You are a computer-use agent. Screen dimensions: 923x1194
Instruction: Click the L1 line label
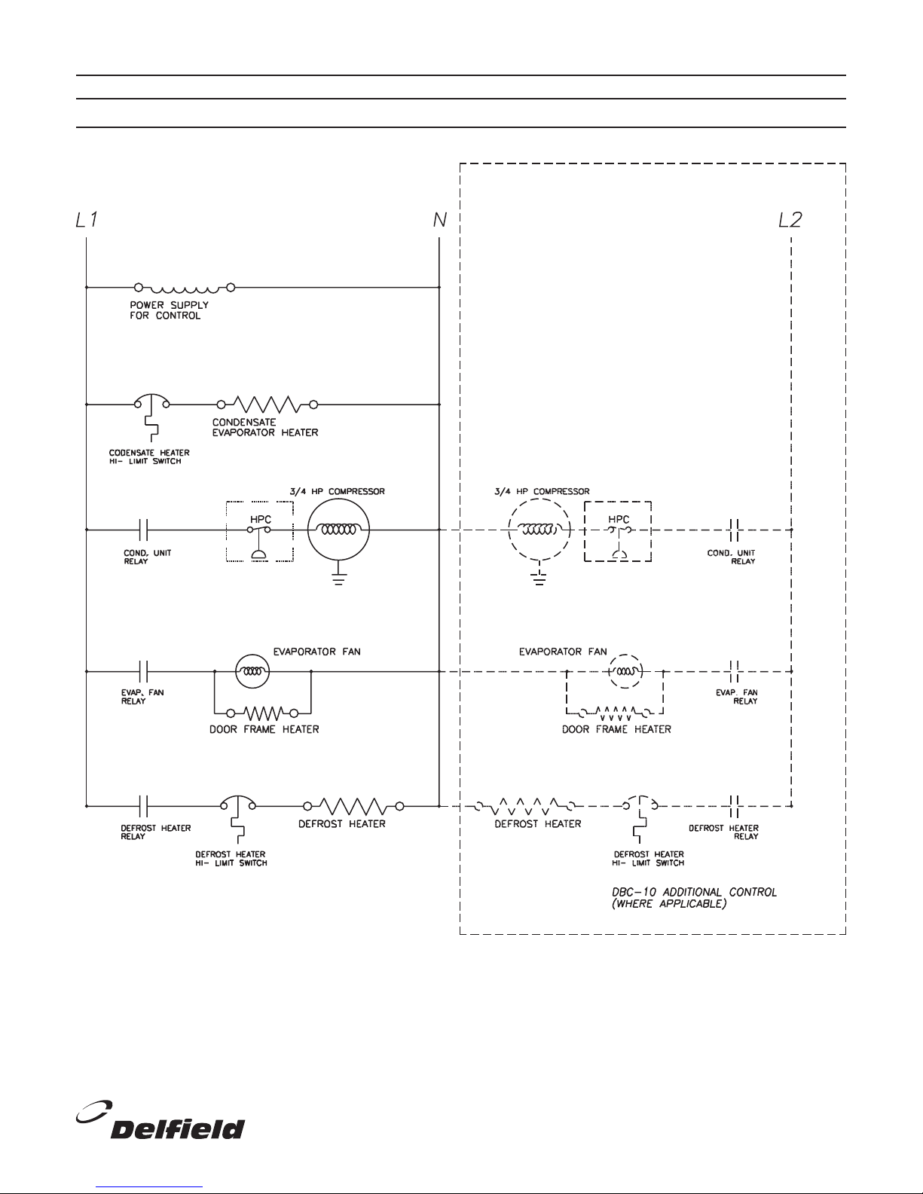[x=87, y=220]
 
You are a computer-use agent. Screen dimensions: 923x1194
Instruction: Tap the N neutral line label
[x=439, y=220]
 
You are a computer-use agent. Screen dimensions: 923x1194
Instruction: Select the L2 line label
[x=790, y=220]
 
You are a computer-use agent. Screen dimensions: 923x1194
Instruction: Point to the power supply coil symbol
[x=185, y=288]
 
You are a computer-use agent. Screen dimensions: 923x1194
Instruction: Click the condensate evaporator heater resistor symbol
[x=267, y=405]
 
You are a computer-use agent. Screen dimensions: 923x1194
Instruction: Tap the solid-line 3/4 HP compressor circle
[x=338, y=530]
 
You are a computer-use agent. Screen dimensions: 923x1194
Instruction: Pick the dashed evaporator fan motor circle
[x=625, y=655]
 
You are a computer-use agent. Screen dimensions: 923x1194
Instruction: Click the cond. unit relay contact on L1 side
[x=143, y=530]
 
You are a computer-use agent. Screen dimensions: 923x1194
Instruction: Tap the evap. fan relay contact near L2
[x=735, y=671]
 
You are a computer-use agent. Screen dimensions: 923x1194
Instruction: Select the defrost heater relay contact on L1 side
[x=143, y=806]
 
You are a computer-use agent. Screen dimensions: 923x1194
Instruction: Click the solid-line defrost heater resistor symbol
[x=354, y=806]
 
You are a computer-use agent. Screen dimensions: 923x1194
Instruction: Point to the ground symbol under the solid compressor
[x=338, y=579]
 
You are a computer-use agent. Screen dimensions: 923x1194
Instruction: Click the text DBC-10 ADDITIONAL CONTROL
[x=695, y=892]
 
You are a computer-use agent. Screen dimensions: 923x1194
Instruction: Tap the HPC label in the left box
[x=261, y=519]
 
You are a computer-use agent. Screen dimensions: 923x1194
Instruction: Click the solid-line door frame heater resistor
[x=263, y=713]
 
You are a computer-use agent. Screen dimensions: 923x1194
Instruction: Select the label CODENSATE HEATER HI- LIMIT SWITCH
[x=149, y=457]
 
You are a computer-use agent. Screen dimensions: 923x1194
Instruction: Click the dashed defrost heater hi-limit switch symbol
[x=640, y=805]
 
